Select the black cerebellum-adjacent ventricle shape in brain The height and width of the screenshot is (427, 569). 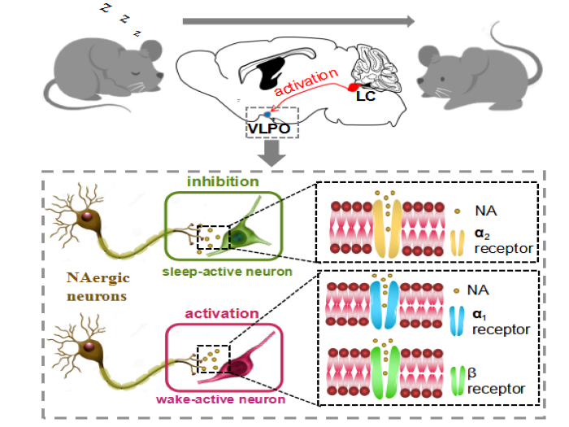tap(269, 76)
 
